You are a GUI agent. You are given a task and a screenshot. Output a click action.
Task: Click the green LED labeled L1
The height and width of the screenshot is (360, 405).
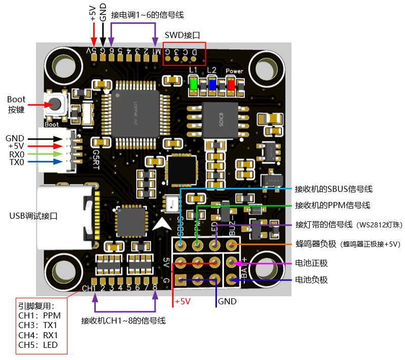click(x=193, y=83)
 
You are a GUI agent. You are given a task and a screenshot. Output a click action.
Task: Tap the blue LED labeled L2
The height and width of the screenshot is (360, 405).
click(x=212, y=83)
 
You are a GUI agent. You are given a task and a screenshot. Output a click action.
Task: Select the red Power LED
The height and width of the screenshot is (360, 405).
click(x=231, y=84)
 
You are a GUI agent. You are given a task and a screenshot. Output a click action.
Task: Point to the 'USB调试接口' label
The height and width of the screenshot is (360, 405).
click(x=33, y=216)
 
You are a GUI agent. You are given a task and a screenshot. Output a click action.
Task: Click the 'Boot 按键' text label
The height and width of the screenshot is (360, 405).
click(x=16, y=104)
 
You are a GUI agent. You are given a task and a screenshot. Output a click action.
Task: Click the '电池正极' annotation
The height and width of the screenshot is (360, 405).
click(x=312, y=263)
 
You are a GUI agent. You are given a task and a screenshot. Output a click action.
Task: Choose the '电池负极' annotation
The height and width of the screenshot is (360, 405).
click(x=312, y=279)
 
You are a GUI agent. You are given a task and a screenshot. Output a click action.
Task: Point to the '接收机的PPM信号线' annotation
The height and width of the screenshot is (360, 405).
click(x=333, y=205)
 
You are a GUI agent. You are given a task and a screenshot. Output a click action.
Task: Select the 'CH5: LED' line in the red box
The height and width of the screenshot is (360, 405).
click(x=38, y=345)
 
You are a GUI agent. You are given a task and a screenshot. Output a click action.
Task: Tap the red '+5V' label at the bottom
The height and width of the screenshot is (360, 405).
click(x=182, y=301)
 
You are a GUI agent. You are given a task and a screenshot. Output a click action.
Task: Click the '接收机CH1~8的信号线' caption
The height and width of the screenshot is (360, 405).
click(x=123, y=321)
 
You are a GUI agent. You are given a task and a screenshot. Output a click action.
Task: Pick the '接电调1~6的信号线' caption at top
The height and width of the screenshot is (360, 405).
click(x=148, y=15)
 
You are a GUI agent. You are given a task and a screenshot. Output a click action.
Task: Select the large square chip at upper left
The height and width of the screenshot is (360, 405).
click(x=134, y=114)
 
